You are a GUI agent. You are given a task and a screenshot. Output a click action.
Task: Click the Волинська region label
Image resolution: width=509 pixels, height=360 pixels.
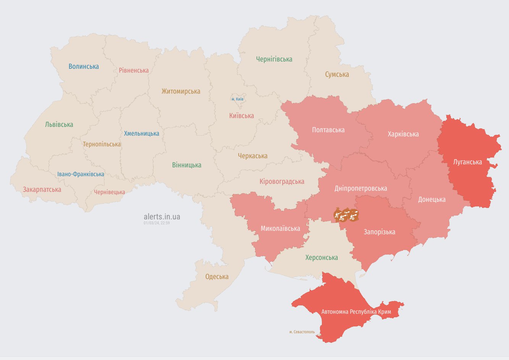84,66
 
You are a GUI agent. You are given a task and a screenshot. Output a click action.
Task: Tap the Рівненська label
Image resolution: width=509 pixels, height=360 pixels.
134,70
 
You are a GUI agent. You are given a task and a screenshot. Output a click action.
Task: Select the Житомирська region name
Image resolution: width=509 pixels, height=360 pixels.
181,91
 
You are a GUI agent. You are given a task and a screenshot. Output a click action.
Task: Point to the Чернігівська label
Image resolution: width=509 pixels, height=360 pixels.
274,59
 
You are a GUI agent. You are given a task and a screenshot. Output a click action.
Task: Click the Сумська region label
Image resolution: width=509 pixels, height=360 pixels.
337,75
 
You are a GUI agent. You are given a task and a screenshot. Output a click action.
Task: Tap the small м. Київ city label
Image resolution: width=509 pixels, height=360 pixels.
238,99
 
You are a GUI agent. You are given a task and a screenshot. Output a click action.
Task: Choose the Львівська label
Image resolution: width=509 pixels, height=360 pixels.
59,125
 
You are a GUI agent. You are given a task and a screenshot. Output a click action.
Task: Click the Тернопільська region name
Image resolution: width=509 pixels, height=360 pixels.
102,144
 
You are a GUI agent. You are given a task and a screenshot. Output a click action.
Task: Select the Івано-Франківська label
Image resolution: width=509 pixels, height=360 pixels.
81,174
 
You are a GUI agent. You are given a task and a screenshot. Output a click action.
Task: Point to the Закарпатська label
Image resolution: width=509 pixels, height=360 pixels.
42,190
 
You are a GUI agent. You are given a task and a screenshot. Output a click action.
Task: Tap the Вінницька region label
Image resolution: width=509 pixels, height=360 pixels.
186,165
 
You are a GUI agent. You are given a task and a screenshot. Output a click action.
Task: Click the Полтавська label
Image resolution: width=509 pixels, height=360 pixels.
328,130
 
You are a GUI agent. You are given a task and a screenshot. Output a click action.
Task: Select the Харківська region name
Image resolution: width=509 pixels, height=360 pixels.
403,134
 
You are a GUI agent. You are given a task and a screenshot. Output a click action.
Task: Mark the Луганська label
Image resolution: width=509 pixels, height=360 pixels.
467,162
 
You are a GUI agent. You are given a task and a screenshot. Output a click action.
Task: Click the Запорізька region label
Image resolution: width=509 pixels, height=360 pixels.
379,232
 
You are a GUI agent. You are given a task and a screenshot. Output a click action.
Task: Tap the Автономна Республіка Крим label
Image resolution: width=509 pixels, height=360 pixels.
356,312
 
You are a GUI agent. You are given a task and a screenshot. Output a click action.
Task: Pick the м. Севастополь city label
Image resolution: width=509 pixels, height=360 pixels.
302,332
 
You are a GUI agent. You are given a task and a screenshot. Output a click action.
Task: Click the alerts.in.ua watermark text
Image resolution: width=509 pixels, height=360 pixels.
162,217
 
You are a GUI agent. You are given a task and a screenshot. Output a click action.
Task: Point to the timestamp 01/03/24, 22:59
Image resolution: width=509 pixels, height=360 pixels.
157,223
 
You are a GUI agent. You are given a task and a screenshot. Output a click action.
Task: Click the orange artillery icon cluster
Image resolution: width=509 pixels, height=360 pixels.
346,216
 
